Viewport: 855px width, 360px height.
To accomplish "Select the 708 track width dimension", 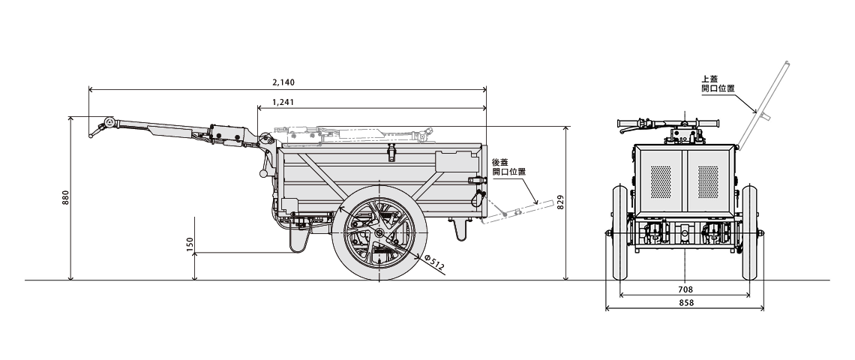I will coord(684,289).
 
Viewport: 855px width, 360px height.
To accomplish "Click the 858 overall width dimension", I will coord(684,302).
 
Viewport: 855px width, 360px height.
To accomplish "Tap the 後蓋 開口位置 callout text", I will coord(508,166).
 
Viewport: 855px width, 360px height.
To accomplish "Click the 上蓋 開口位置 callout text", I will coord(717,82).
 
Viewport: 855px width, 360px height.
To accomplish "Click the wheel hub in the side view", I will coord(380,232).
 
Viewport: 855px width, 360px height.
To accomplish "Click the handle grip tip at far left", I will coord(92,136).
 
